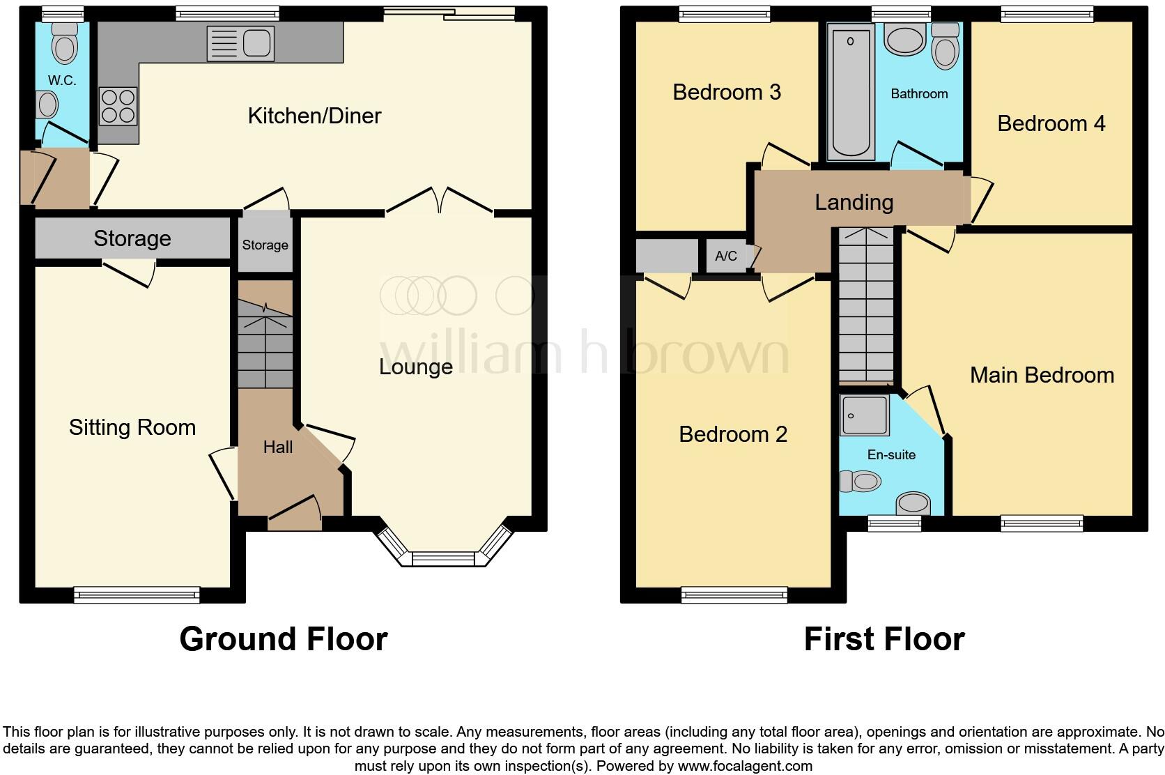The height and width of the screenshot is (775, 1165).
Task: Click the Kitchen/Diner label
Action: (x=314, y=116)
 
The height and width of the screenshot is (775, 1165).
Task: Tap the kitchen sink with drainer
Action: (x=240, y=44)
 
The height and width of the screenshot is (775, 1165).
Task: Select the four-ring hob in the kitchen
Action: (x=118, y=106)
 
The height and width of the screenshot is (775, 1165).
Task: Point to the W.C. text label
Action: (x=62, y=81)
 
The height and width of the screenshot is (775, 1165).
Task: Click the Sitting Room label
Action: (x=132, y=427)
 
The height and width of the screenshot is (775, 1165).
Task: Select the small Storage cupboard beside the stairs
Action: (x=265, y=245)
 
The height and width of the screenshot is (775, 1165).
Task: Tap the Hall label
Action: (x=277, y=447)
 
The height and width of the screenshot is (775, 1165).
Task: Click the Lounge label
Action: (x=416, y=367)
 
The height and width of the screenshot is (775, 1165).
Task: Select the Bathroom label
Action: (x=919, y=93)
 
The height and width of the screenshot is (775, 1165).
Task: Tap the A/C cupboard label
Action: (x=725, y=256)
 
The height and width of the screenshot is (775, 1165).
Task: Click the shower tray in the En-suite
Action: (x=864, y=415)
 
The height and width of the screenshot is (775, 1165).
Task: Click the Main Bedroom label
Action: (x=1042, y=376)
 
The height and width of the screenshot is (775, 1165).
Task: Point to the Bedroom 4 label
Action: (x=1051, y=124)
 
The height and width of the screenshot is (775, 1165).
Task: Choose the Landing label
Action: (x=854, y=202)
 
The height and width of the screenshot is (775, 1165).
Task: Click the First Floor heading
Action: (x=884, y=638)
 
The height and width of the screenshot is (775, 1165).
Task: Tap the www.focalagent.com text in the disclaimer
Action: (x=744, y=766)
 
